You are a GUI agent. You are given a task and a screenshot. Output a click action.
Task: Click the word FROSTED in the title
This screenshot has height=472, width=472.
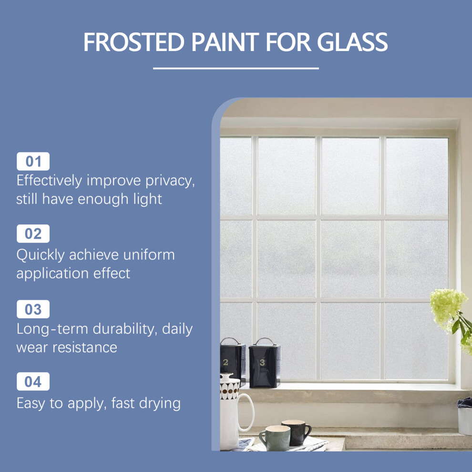tap(133, 42)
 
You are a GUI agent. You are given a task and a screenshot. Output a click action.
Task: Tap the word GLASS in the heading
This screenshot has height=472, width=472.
tap(352, 42)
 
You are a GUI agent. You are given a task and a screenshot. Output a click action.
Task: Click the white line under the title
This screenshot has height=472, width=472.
tap(236, 68)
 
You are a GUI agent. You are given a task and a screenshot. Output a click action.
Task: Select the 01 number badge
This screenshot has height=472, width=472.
tap(33, 161)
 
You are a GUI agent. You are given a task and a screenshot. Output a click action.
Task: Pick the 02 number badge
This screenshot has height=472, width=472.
tap(33, 234)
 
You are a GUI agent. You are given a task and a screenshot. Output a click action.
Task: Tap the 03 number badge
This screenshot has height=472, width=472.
tap(33, 309)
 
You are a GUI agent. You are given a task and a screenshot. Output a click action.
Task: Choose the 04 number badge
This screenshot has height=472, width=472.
tap(33, 381)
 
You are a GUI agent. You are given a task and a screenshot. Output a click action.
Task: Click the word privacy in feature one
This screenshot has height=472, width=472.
tap(170, 181)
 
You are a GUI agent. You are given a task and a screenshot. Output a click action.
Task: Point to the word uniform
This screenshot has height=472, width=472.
tap(149, 255)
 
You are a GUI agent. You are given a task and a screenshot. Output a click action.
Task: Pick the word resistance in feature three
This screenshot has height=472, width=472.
tap(85, 348)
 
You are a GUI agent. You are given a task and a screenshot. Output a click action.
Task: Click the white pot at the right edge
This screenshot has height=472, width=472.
tap(465, 417)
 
